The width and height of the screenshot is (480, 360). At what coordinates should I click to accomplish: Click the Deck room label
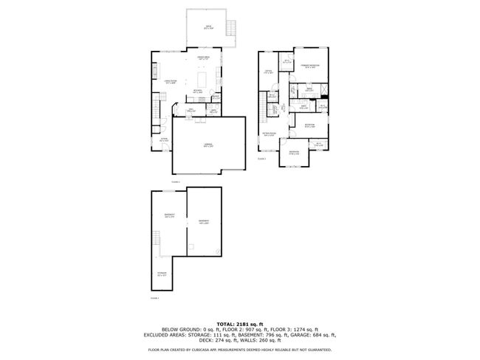[x=208, y=28]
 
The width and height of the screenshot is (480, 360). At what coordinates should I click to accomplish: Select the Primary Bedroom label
[x=309, y=66]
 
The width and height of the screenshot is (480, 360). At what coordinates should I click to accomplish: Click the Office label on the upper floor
[x=269, y=72]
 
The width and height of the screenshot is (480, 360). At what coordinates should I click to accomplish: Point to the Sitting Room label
[x=269, y=134]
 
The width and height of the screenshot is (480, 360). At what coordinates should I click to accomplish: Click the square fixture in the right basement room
[x=191, y=246]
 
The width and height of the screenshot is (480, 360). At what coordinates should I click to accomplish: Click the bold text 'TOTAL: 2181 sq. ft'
[x=240, y=323]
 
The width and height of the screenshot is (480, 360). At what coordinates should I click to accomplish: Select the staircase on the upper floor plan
[x=272, y=111]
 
